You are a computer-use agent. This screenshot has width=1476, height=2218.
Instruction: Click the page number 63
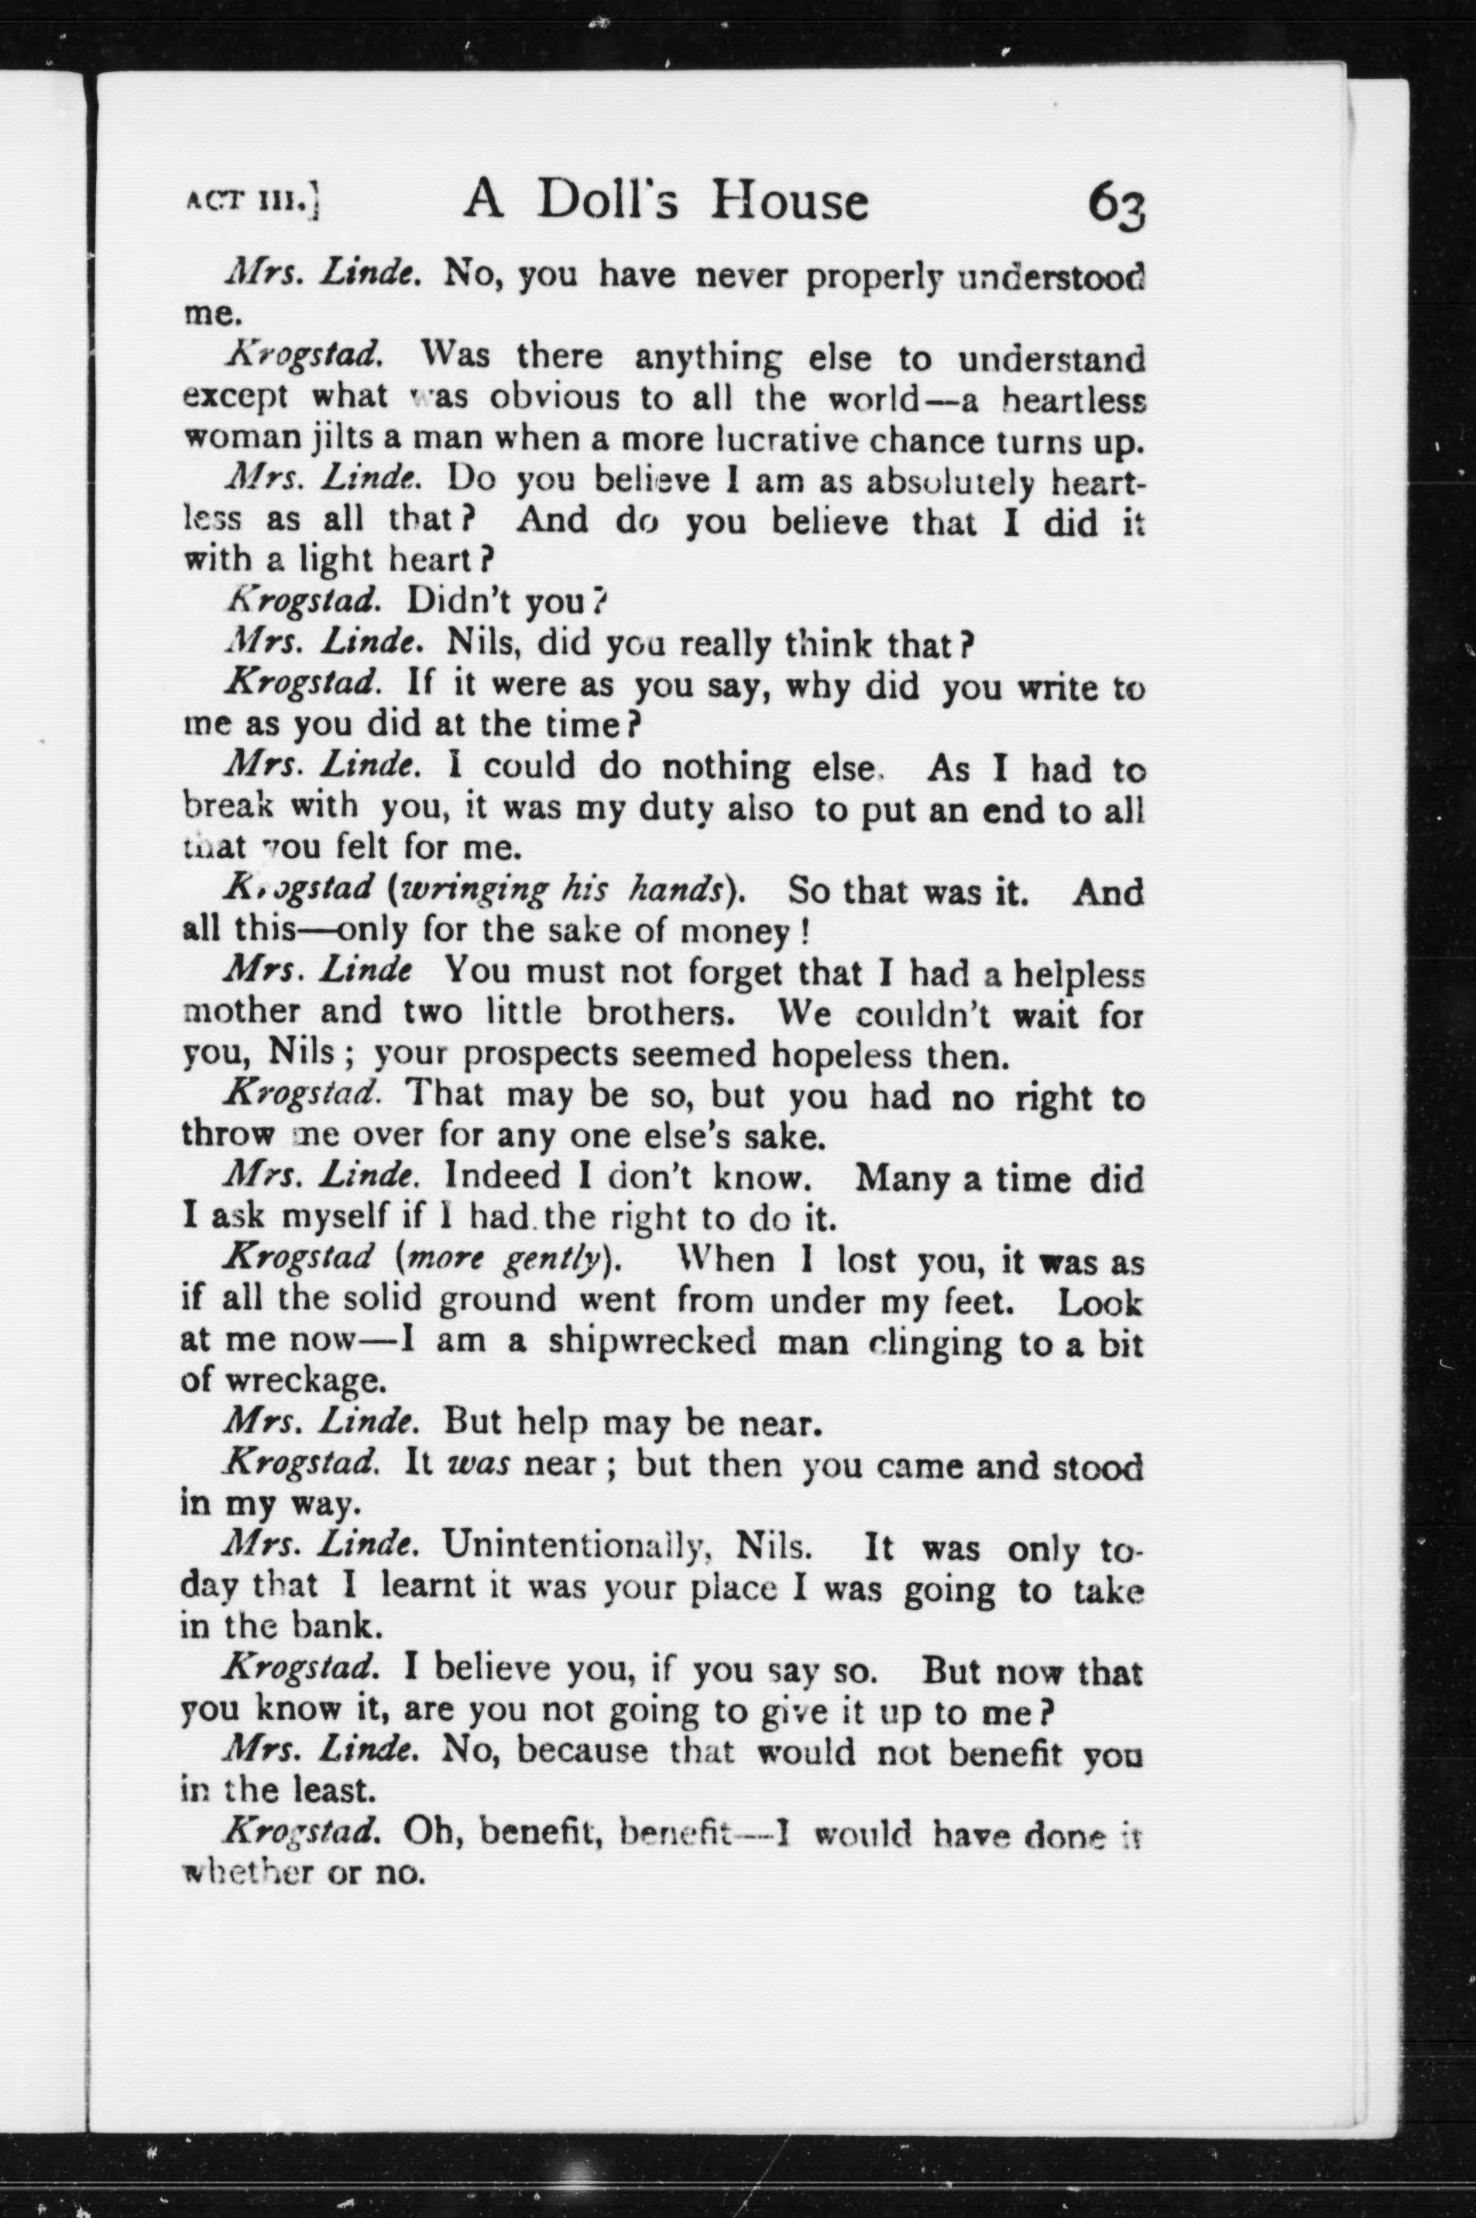1117,201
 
